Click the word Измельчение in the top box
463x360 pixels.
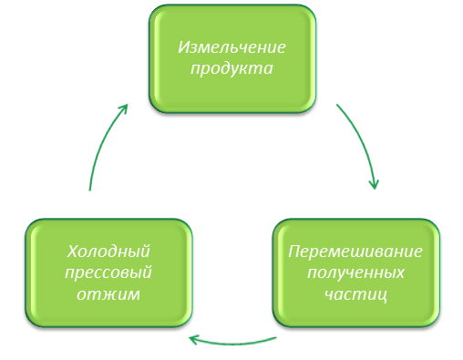pos(231,47)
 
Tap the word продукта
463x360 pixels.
pos(231,69)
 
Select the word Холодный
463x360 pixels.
pos(108,251)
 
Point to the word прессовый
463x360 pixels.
pos(108,273)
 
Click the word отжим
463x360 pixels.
pos(108,294)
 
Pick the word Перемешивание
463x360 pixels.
pos(355,251)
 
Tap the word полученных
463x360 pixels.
pos(355,273)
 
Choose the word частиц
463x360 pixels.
pos(355,294)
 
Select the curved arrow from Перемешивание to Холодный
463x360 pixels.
pos(232,345)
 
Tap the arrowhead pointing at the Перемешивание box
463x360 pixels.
pos(374,184)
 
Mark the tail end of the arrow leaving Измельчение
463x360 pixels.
pos(338,106)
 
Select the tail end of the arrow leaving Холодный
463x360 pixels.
pos(89,189)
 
